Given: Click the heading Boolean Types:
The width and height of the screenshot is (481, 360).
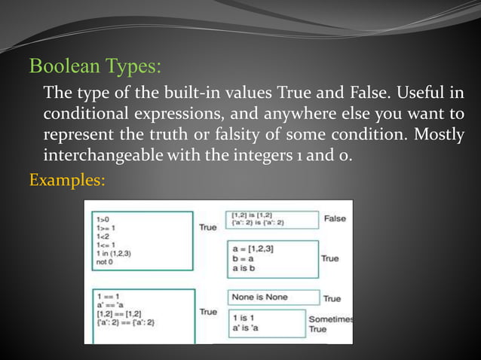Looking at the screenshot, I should tap(94, 66).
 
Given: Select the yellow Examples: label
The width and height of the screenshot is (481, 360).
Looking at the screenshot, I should tap(66, 181).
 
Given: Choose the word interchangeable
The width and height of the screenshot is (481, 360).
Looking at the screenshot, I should tap(102, 157).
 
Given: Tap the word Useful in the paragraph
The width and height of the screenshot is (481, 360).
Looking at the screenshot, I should tap(415, 94).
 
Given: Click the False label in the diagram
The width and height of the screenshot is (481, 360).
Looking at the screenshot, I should tap(335, 218).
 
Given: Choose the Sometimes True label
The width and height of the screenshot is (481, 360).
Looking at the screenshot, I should tap(331, 324).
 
